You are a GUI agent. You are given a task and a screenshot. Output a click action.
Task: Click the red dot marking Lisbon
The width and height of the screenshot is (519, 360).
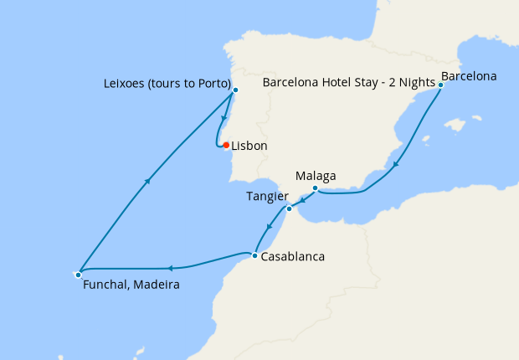[x=226, y=145]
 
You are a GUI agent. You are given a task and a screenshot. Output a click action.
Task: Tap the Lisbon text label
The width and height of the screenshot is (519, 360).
[x=249, y=146]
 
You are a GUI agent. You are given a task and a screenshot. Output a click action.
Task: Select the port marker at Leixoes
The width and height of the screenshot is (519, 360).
[x=235, y=90]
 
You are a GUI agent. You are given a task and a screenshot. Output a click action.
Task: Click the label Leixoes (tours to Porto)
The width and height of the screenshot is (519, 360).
[x=167, y=83]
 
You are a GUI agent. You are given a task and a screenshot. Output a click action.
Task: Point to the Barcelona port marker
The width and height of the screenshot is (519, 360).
[x=440, y=85]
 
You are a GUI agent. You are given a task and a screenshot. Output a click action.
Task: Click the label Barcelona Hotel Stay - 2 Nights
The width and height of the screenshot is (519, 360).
[x=348, y=83]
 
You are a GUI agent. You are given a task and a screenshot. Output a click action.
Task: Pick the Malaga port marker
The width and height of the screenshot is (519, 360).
[x=314, y=188]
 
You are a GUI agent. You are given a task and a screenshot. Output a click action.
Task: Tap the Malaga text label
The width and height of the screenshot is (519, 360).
[x=316, y=176]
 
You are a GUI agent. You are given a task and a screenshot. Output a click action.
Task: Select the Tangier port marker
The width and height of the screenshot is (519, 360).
[x=288, y=208]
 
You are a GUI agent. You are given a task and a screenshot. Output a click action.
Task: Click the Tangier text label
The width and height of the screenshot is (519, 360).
[x=265, y=196]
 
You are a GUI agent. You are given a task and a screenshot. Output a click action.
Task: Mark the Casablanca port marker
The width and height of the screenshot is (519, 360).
[x=254, y=255]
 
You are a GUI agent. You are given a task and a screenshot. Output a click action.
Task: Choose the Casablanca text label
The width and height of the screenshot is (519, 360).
[x=292, y=257]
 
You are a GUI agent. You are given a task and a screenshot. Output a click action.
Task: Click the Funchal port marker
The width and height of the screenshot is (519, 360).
[x=78, y=274]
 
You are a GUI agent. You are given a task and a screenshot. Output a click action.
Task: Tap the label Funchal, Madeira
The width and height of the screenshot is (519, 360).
[x=131, y=285]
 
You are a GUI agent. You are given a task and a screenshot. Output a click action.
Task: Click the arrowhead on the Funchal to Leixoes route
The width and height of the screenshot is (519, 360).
[x=148, y=179]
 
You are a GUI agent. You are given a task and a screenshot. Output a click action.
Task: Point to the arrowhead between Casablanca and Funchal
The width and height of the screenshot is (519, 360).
[x=170, y=269]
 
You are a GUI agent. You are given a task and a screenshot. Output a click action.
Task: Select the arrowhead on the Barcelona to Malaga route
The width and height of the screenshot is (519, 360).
[x=396, y=164]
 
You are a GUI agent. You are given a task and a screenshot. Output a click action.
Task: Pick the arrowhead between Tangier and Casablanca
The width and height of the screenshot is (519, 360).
[x=269, y=226]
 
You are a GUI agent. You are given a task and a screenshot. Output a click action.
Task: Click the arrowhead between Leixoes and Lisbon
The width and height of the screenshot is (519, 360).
[x=224, y=118]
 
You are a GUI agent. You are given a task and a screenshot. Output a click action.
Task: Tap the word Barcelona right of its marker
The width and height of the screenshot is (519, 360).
[x=469, y=76]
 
